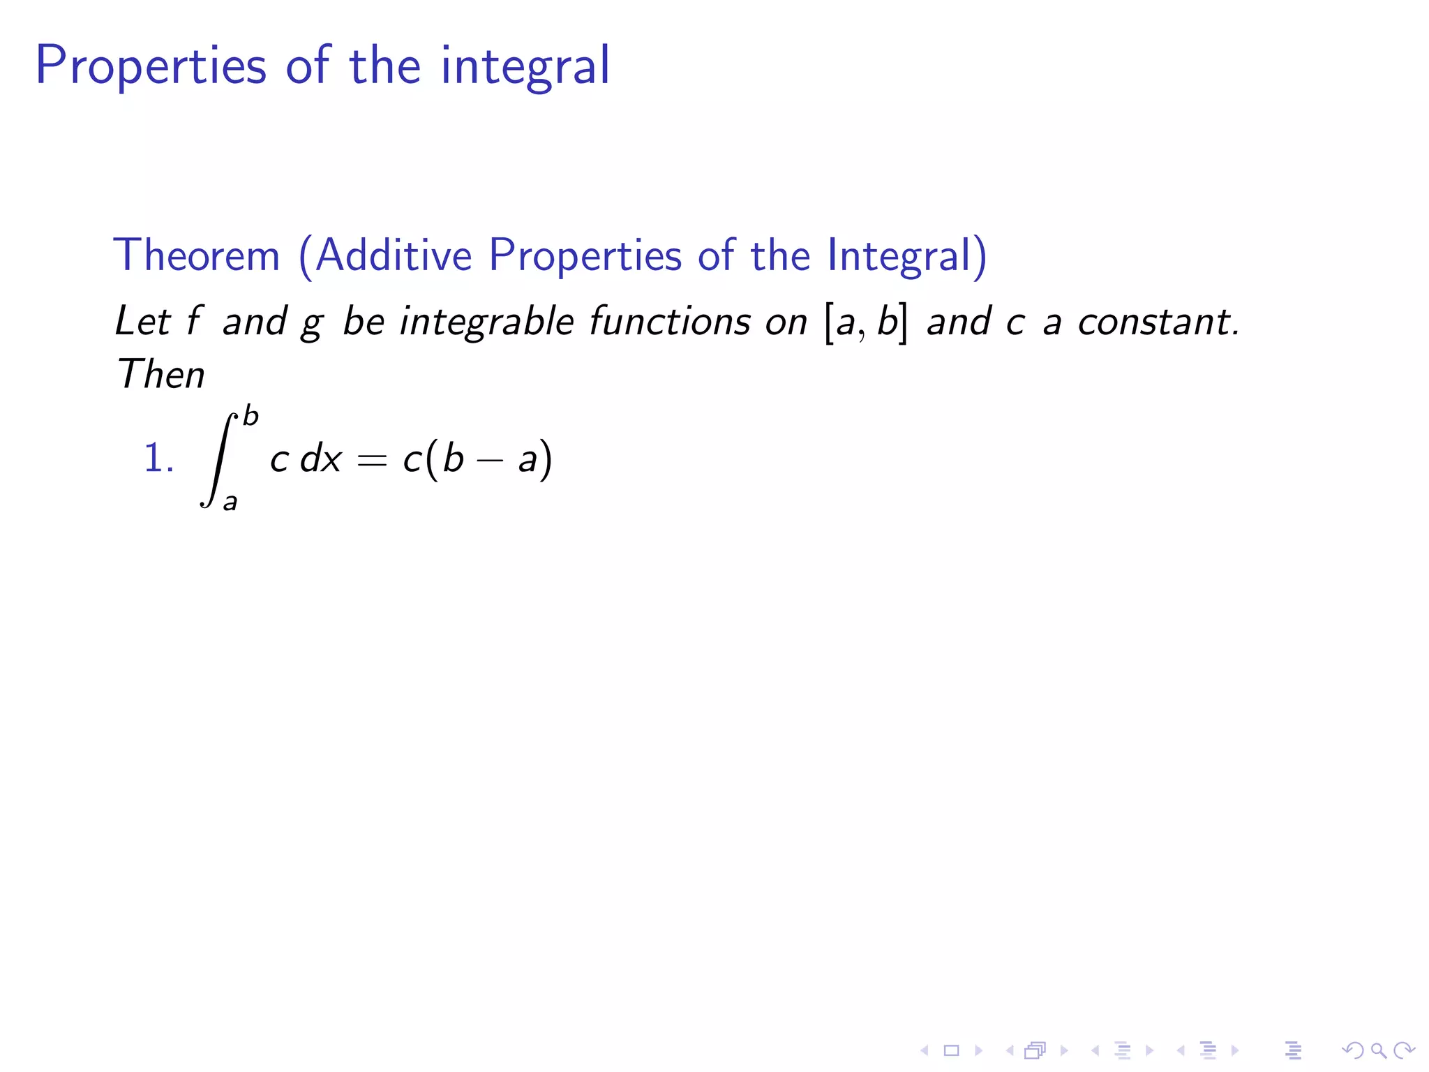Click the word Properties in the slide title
pyautogui.click(x=151, y=66)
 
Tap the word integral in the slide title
pyautogui.click(x=525, y=66)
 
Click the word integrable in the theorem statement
pyautogui.click(x=486, y=322)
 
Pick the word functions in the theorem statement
pyautogui.click(x=670, y=322)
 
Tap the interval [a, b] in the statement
pyautogui.click(x=867, y=322)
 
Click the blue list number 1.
pyautogui.click(x=158, y=459)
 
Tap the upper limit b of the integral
pyautogui.click(x=250, y=417)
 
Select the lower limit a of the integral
pyautogui.click(x=230, y=501)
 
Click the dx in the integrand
pyautogui.click(x=320, y=459)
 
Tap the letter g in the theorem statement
pyautogui.click(x=312, y=324)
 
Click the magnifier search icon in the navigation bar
pyautogui.click(x=1377, y=1050)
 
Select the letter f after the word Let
pyautogui.click(x=194, y=322)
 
